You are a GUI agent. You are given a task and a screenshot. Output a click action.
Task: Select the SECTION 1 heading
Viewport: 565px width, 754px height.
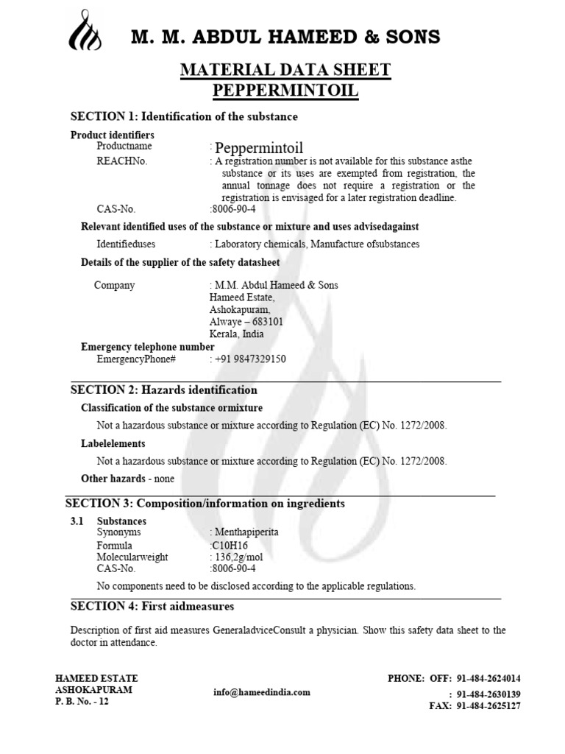(183, 116)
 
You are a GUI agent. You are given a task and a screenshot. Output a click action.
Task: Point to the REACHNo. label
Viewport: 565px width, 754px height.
(122, 161)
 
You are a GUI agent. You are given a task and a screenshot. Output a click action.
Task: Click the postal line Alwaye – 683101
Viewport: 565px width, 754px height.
(247, 322)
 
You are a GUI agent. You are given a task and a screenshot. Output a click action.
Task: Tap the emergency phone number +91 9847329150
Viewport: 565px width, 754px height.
(250, 359)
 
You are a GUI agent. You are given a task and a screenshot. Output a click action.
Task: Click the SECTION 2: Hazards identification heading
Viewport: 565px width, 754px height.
(163, 390)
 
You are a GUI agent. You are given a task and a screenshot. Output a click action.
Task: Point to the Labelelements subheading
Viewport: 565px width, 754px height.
(113, 443)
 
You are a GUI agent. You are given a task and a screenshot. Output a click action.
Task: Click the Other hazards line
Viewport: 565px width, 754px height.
(127, 479)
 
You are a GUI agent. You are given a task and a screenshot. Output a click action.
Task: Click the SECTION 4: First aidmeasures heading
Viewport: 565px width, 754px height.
(152, 606)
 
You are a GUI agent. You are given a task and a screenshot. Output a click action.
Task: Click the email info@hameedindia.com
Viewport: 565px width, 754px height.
(261, 692)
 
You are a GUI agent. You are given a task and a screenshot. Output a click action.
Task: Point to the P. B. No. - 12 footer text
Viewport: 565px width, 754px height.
(82, 701)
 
